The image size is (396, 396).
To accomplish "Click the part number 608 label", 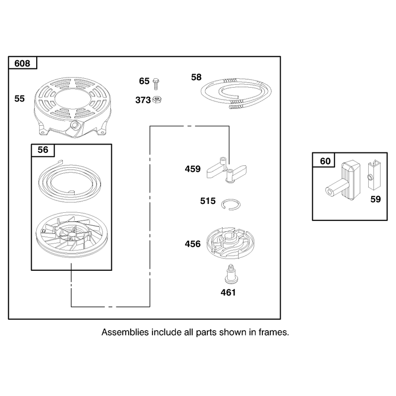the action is (x=22, y=63).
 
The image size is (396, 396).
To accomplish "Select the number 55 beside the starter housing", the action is (x=19, y=99).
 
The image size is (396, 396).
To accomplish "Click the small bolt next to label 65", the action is (x=156, y=84).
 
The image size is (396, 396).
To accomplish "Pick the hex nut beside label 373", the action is (x=157, y=99).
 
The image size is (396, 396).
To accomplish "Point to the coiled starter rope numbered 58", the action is (x=236, y=93).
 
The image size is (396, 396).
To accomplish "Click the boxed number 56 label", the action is (x=43, y=150).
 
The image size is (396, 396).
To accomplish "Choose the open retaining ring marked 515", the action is (x=231, y=204).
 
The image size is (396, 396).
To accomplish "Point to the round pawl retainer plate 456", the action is (x=230, y=243).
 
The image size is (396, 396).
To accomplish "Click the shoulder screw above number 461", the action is (x=230, y=275).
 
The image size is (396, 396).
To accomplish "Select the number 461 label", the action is (x=228, y=292).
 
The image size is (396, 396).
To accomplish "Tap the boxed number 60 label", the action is (x=325, y=161).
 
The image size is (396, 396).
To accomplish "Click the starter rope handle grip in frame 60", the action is (x=343, y=182).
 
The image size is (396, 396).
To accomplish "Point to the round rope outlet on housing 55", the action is (x=75, y=125).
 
